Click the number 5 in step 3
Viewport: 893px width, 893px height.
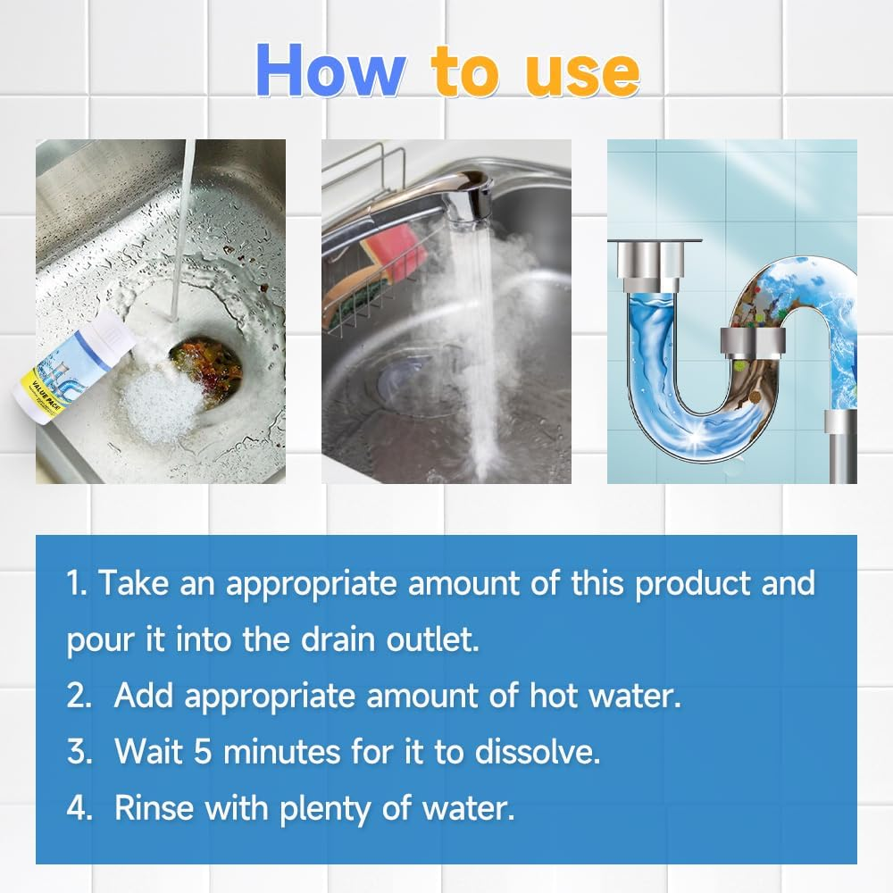point(202,752)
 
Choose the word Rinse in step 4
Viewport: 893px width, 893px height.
point(154,808)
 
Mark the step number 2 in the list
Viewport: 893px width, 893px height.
point(78,696)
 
